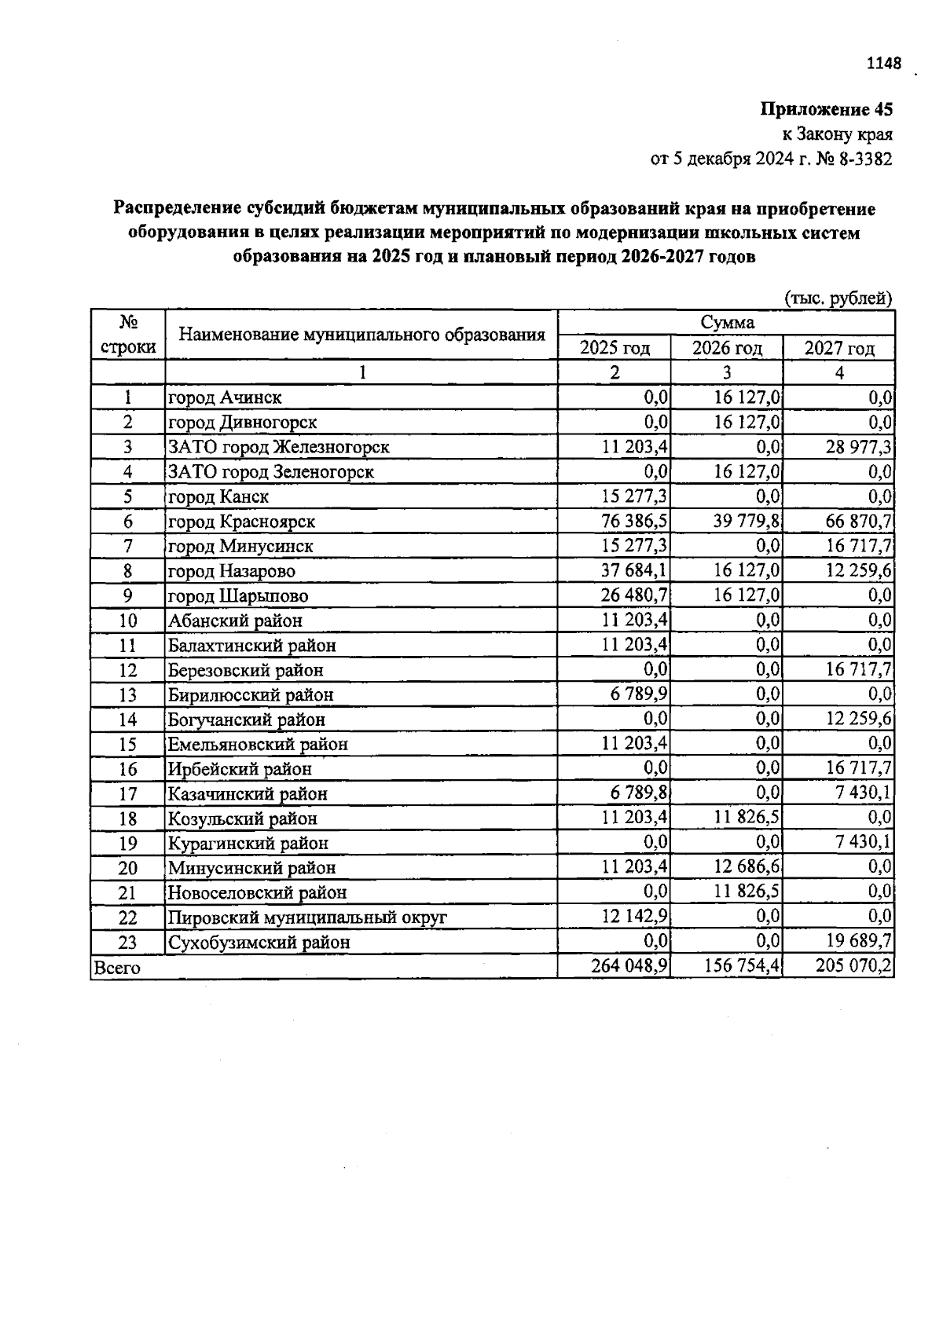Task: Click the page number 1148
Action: pyautogui.click(x=883, y=64)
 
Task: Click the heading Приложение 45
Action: pyautogui.click(x=826, y=109)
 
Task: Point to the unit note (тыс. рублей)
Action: pyautogui.click(x=838, y=298)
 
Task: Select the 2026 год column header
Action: pyautogui.click(x=727, y=348)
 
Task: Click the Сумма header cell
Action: pyautogui.click(x=727, y=323)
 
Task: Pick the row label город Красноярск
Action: pyautogui.click(x=241, y=522)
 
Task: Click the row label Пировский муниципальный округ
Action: pyautogui.click(x=307, y=917)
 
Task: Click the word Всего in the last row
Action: pyautogui.click(x=117, y=968)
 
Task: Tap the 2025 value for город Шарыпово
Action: pyautogui.click(x=635, y=595)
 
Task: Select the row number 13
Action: pyautogui.click(x=128, y=695)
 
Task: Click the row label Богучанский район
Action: pyautogui.click(x=246, y=720)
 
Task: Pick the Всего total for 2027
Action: pyautogui.click(x=854, y=966)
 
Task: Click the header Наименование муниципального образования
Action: pyautogui.click(x=361, y=335)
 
